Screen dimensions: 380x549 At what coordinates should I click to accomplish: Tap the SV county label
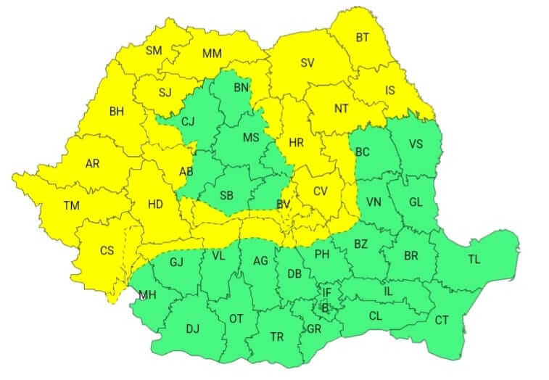307,62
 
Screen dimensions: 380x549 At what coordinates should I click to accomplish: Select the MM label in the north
212,54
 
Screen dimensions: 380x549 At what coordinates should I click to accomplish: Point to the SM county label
154,50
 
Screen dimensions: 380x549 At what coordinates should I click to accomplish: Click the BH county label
116,112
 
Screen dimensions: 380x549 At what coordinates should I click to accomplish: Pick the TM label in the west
71,206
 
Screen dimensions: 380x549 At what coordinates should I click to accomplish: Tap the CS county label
107,251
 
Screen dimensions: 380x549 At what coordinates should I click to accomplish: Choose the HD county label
155,205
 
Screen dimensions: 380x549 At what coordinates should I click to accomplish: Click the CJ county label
189,121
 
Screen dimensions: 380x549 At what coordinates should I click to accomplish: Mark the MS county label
250,138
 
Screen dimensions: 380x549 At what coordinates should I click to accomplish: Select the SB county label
226,196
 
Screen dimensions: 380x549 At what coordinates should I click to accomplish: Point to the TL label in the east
474,260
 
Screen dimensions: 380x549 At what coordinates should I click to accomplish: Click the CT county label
441,319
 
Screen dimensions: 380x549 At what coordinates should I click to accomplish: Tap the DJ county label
192,329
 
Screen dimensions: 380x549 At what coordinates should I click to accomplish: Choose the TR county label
276,337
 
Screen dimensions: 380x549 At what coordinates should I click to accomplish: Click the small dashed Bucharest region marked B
325,307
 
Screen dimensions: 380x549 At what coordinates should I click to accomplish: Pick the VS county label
416,144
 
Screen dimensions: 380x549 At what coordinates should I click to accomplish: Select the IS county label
390,91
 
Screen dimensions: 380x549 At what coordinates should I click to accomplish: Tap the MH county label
147,294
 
